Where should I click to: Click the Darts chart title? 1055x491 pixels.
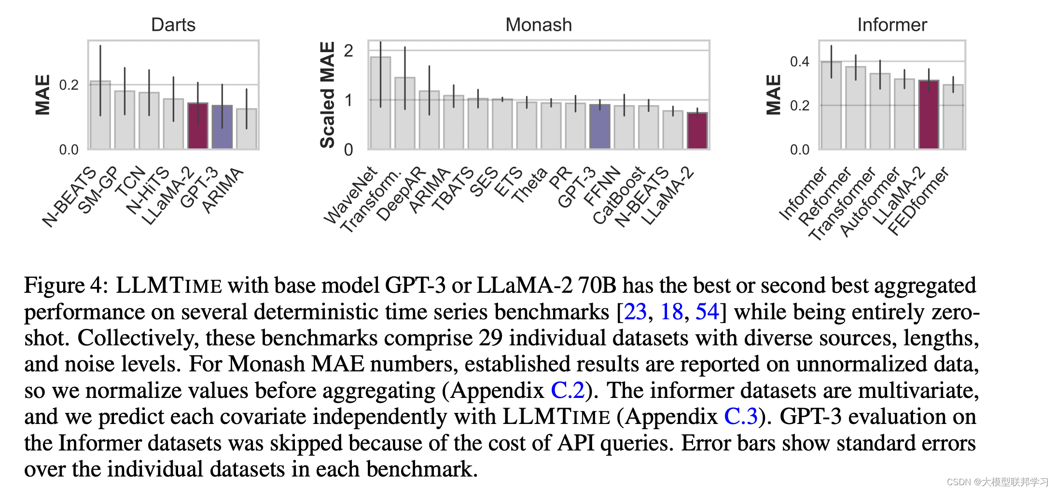tap(173, 25)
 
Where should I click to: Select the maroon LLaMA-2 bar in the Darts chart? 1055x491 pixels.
tap(197, 126)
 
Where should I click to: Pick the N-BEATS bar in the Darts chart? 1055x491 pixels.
tap(100, 116)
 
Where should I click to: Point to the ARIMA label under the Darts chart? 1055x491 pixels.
tap(222, 190)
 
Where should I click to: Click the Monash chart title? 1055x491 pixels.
tap(539, 25)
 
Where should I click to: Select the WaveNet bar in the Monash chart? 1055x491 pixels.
tap(380, 104)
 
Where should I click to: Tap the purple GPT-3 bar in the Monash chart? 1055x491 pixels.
tap(600, 126)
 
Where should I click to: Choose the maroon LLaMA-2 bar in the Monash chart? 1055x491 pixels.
tap(697, 131)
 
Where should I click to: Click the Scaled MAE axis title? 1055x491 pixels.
tap(327, 95)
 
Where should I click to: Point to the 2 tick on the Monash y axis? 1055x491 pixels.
tap(348, 50)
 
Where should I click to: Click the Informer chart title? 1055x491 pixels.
tap(892, 25)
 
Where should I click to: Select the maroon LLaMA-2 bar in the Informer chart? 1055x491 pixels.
tap(929, 115)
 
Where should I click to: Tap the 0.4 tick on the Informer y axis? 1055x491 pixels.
tap(800, 61)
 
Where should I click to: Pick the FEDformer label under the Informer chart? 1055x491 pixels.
tap(918, 201)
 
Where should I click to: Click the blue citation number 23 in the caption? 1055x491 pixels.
tap(635, 312)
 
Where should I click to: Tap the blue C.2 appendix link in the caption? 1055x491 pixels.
tap(568, 390)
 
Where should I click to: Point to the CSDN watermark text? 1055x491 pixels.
tap(997, 482)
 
